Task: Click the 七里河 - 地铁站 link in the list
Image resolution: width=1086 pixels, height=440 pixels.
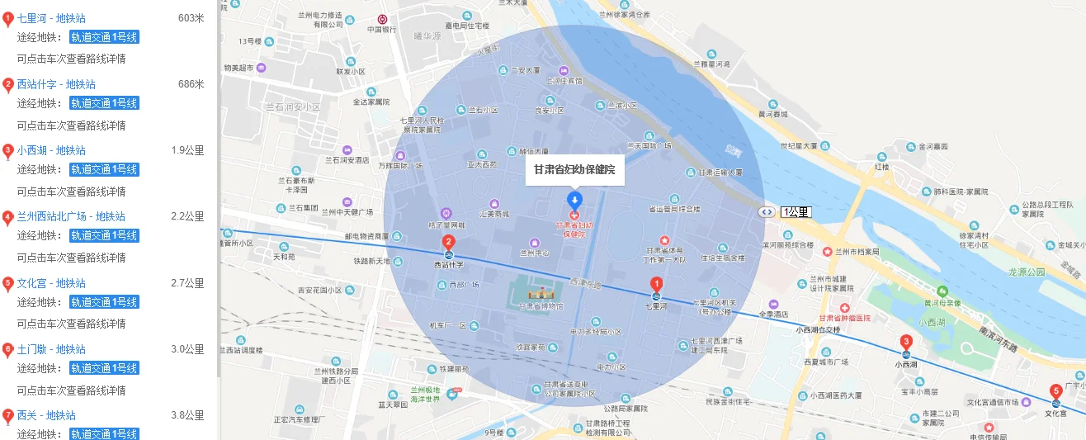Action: coord(51,18)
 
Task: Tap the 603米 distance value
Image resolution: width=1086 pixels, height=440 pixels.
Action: coord(191,18)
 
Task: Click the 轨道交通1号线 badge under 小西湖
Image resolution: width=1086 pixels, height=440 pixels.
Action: coord(104,169)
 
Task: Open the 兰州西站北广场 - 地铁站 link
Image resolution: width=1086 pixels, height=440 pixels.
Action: coord(71,216)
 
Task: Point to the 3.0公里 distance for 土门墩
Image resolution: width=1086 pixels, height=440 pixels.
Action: coord(187,349)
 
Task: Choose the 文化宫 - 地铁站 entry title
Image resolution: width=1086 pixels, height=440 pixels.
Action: coord(51,283)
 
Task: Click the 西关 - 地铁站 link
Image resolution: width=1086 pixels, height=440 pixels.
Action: coord(46,415)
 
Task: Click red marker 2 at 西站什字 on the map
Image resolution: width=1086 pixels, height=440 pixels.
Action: coord(449,243)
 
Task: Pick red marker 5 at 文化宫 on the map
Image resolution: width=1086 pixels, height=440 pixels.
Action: coord(1055,391)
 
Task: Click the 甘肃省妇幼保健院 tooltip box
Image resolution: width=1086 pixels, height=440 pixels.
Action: coord(575,169)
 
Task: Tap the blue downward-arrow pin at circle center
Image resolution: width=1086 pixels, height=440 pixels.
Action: coord(575,199)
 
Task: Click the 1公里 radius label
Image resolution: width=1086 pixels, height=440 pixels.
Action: coord(796,212)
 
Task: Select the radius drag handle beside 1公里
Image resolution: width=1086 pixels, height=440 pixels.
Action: coord(767,212)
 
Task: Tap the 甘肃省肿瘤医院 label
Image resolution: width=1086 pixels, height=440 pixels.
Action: coord(844,318)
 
